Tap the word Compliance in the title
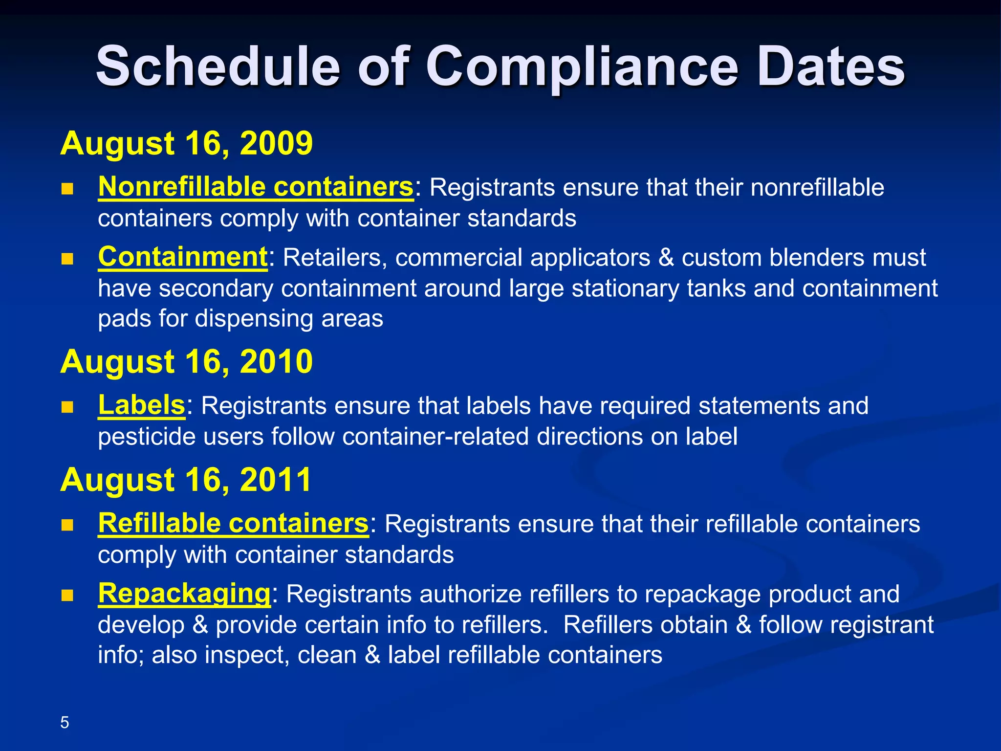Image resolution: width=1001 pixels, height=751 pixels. [x=582, y=67]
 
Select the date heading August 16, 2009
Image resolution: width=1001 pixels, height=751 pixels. [x=186, y=143]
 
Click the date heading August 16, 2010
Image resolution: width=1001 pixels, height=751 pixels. [x=186, y=362]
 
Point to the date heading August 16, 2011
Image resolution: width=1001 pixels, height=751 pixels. [x=186, y=480]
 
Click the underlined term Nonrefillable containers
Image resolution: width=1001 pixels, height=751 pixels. [x=256, y=187]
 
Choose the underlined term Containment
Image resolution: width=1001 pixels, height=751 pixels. [x=182, y=257]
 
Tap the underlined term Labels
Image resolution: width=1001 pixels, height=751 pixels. [x=141, y=405]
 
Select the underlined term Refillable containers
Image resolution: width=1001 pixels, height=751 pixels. [x=233, y=524]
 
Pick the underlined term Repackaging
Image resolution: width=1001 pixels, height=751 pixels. [x=184, y=594]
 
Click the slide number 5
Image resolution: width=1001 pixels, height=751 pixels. [x=65, y=722]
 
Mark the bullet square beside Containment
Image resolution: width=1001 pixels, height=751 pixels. [x=67, y=259]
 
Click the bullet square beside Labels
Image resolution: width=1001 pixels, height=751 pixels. [x=67, y=407]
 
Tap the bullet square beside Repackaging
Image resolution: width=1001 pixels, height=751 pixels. [x=67, y=595]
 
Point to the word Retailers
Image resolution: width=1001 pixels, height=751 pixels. [x=335, y=258]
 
